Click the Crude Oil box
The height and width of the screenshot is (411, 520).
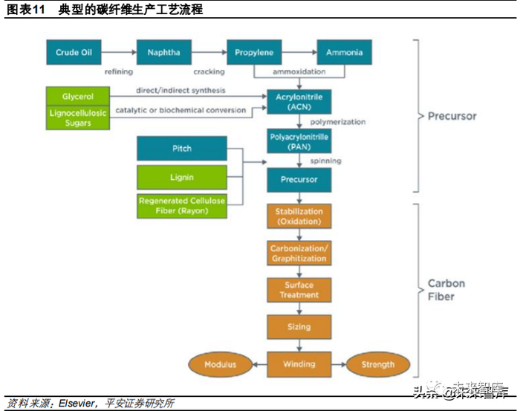[73, 53]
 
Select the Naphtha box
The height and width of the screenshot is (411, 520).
[163, 53]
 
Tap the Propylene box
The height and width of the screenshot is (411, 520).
[254, 53]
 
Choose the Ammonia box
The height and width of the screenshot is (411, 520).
[345, 53]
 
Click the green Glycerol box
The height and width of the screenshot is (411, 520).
[77, 97]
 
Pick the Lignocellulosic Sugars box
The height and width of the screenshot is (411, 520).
[77, 117]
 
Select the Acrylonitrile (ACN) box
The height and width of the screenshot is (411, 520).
[299, 102]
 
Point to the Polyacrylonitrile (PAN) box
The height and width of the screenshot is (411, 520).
[299, 141]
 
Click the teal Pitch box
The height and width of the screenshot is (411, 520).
[182, 149]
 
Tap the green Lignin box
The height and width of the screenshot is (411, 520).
[182, 177]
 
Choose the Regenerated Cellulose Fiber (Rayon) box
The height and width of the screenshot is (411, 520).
[182, 205]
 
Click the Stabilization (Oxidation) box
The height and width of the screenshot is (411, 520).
[299, 216]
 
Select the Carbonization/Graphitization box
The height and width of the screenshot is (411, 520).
[299, 253]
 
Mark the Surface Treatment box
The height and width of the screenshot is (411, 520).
[299, 290]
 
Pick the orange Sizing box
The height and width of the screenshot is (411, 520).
[299, 327]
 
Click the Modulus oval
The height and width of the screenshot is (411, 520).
[221, 364]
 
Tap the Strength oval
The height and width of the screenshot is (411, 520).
[377, 364]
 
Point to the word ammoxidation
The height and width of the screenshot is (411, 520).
[299, 72]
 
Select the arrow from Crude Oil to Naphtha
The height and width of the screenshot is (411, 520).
[119, 53]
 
